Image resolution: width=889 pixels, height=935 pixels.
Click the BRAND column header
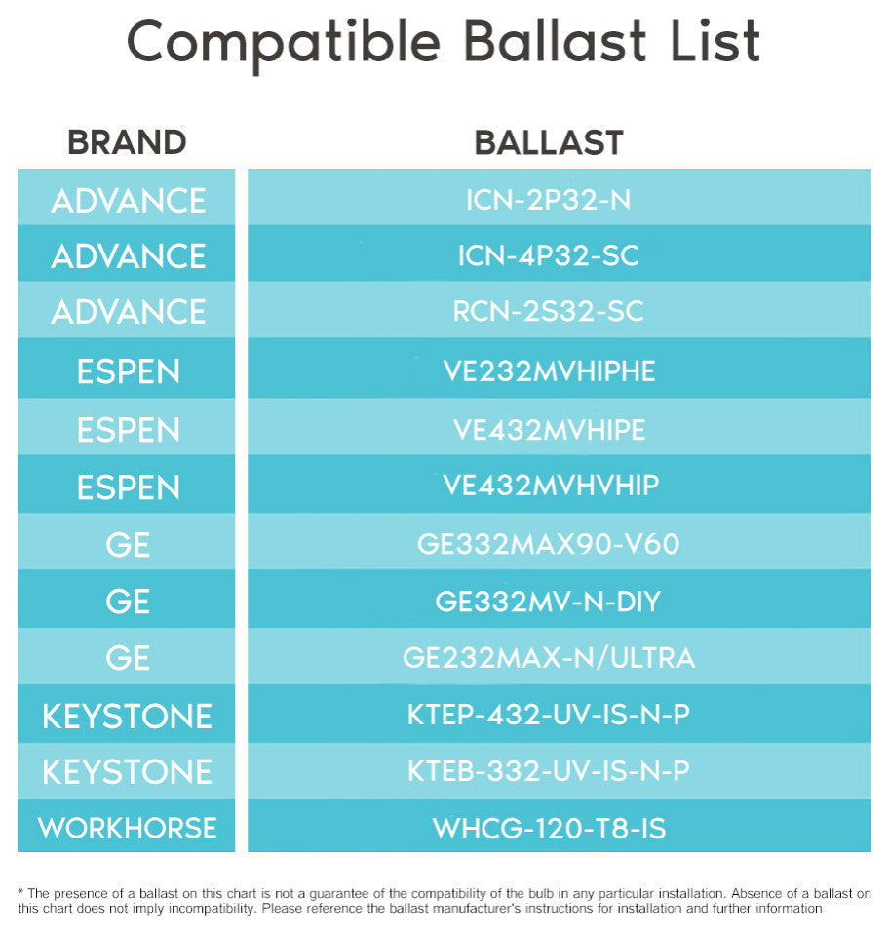pyautogui.click(x=127, y=142)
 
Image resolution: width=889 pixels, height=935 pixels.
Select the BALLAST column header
pyautogui.click(x=549, y=142)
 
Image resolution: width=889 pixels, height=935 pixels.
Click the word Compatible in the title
pyautogui.click(x=284, y=43)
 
